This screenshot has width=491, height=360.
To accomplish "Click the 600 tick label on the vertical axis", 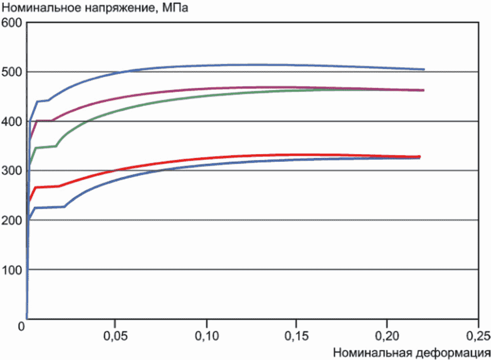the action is [x=12, y=23].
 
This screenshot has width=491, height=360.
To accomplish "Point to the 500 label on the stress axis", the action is [x=12, y=72].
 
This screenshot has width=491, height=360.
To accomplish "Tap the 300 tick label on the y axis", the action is [x=12, y=171].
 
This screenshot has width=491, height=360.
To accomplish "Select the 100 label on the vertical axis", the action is [x=12, y=270].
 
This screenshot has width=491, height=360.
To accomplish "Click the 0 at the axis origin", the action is [x=21, y=327].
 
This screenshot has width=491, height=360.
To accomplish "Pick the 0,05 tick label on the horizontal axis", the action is [x=115, y=336].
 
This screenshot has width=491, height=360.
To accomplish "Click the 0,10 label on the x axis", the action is [x=207, y=336].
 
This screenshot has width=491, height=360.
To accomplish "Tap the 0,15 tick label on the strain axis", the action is [x=296, y=336].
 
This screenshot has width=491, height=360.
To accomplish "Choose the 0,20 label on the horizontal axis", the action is [x=387, y=336].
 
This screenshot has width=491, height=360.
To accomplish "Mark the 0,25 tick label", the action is [x=478, y=336].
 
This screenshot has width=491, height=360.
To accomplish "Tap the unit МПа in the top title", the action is [x=175, y=7].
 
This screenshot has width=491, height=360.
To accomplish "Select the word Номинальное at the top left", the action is [x=41, y=7].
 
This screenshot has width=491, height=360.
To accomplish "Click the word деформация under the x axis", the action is [x=453, y=353].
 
